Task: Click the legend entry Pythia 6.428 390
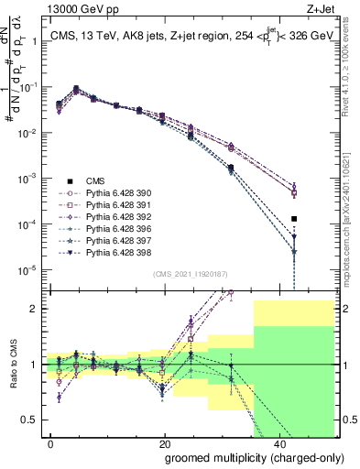tap(115, 193)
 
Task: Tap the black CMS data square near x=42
tap(294, 219)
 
